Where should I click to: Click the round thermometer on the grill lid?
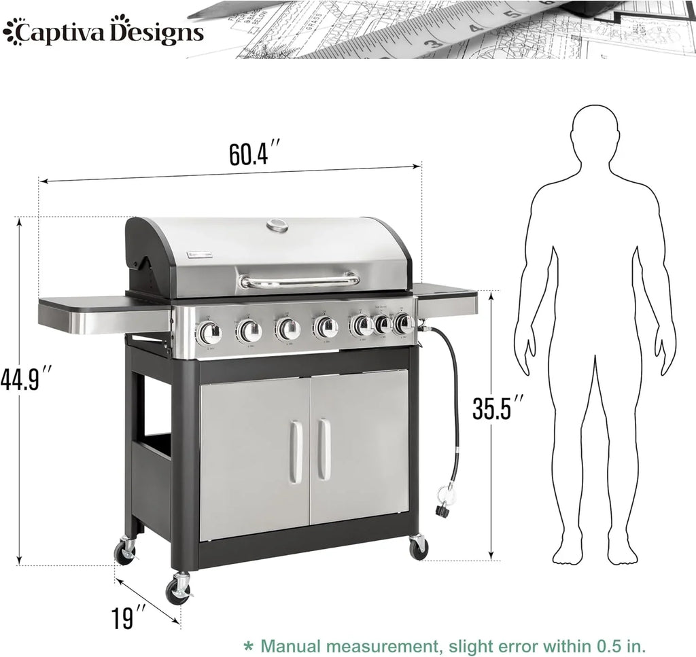tap(277, 226)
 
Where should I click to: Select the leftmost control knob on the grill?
tap(209, 332)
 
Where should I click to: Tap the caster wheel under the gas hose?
tap(417, 546)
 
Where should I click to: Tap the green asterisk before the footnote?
tap(249, 644)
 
